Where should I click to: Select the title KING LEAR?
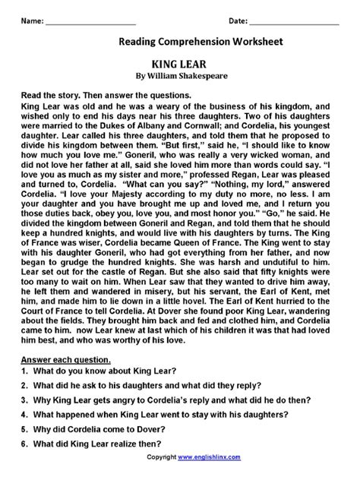(181, 65)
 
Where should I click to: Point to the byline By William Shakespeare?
(181, 76)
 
